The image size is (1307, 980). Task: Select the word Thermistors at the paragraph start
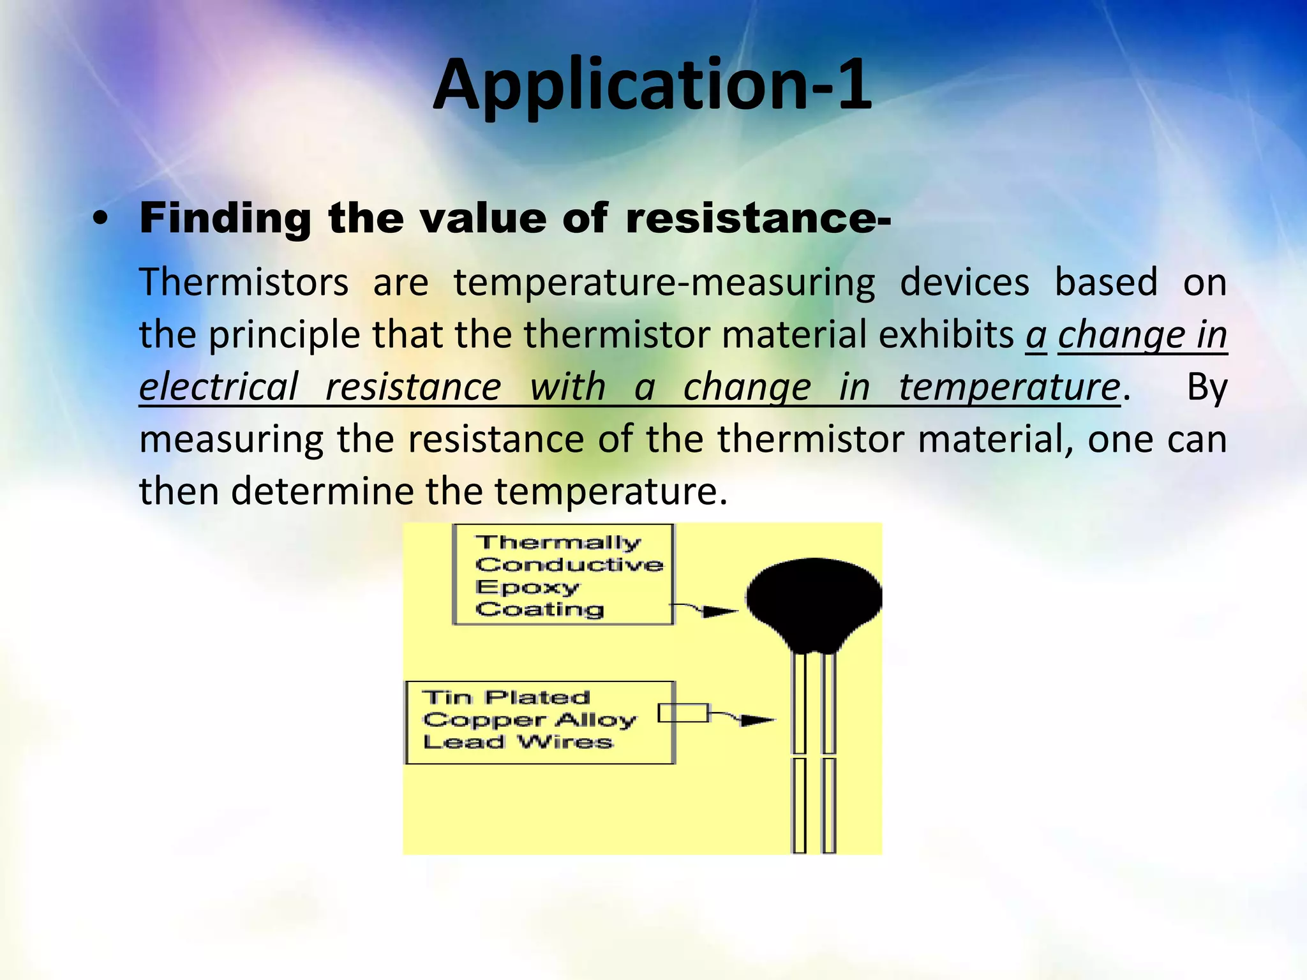244,283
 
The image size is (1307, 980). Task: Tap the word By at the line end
1206,387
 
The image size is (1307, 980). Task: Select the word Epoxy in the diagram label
528,587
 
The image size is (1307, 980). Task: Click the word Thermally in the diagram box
558,542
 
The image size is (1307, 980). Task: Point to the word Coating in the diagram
540,609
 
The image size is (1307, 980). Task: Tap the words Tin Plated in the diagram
506,697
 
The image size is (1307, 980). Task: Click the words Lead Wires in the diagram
518,742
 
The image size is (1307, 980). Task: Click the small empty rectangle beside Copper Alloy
683,713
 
